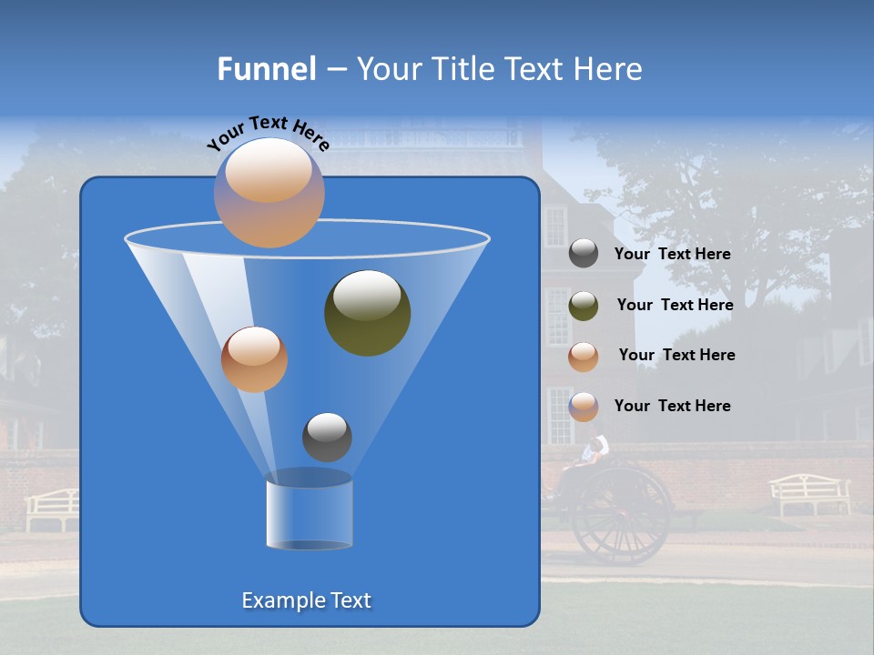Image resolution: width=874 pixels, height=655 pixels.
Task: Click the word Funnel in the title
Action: coord(266,69)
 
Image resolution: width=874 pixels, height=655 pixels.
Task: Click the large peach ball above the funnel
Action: coord(269,192)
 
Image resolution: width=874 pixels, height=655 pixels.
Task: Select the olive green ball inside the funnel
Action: coord(367,313)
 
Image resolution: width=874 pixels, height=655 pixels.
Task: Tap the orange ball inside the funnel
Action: coord(254,359)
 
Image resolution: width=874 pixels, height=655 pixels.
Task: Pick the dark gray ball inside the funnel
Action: coord(327,437)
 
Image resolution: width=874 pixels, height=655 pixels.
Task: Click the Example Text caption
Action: coord(307,600)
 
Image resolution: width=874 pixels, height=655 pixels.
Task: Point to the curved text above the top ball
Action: coord(268,132)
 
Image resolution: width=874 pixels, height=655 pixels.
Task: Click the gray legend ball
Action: coord(584,254)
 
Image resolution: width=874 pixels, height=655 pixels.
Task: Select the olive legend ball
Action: coord(584,306)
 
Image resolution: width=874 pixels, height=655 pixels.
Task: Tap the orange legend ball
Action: coord(584,357)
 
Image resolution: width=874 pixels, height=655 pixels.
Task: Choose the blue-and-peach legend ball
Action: coord(584,407)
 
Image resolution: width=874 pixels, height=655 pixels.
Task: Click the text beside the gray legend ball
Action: coord(672,255)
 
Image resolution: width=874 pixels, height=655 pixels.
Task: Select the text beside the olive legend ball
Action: coord(675,306)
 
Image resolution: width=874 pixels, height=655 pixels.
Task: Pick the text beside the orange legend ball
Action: coord(676,356)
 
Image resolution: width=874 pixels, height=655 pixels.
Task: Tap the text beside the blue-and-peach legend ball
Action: coord(672,407)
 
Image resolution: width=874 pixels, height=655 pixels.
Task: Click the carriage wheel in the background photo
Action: coord(623,516)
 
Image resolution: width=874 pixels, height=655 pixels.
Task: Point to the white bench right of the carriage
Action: coord(809,494)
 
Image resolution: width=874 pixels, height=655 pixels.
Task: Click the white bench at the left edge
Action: coord(52,508)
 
